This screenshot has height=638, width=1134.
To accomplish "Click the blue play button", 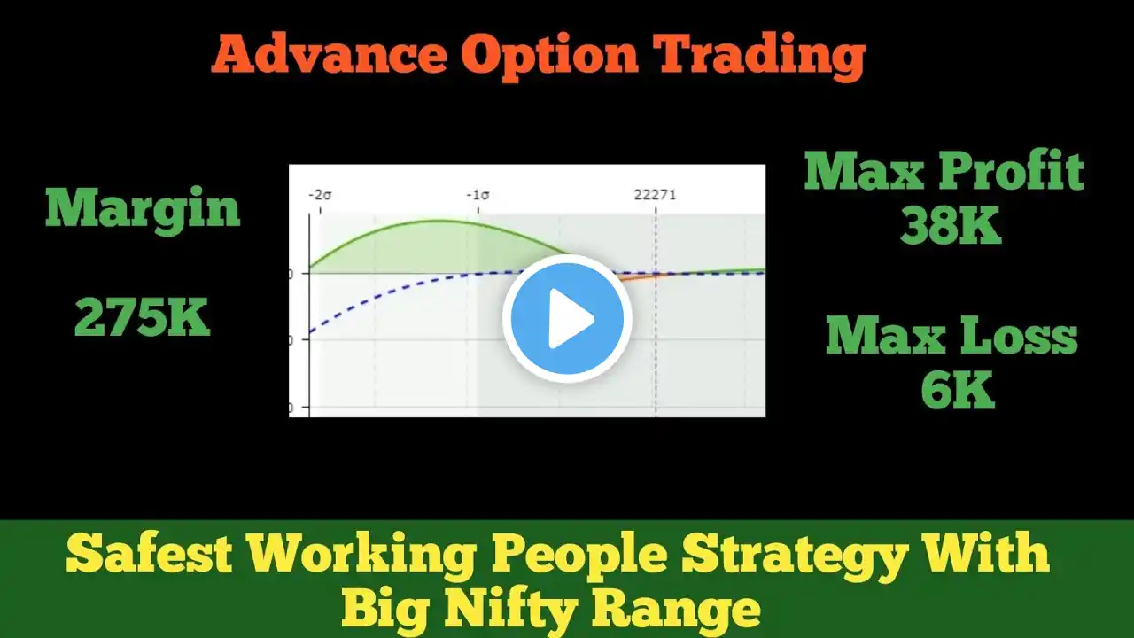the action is coord(567,318).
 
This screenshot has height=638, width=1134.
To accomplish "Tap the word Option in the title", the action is coord(549,57).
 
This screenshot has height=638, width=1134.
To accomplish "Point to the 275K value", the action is coord(143,317).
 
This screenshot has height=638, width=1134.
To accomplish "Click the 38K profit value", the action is coord(951,226).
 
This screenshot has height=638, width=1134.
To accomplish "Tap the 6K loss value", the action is coord(958,390).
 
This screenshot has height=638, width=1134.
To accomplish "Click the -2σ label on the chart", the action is coord(320,195).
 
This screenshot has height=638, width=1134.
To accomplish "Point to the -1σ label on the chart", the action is coord(478,195).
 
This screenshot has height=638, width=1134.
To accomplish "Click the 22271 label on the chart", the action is coord(655,195).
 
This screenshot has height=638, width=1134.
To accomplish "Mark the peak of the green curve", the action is coord(439,221).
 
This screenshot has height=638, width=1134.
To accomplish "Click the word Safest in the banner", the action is coord(150,555).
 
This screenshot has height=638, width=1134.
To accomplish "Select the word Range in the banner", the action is coord(676,611).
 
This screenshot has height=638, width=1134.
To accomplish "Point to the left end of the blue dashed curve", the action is coord(310,332).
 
